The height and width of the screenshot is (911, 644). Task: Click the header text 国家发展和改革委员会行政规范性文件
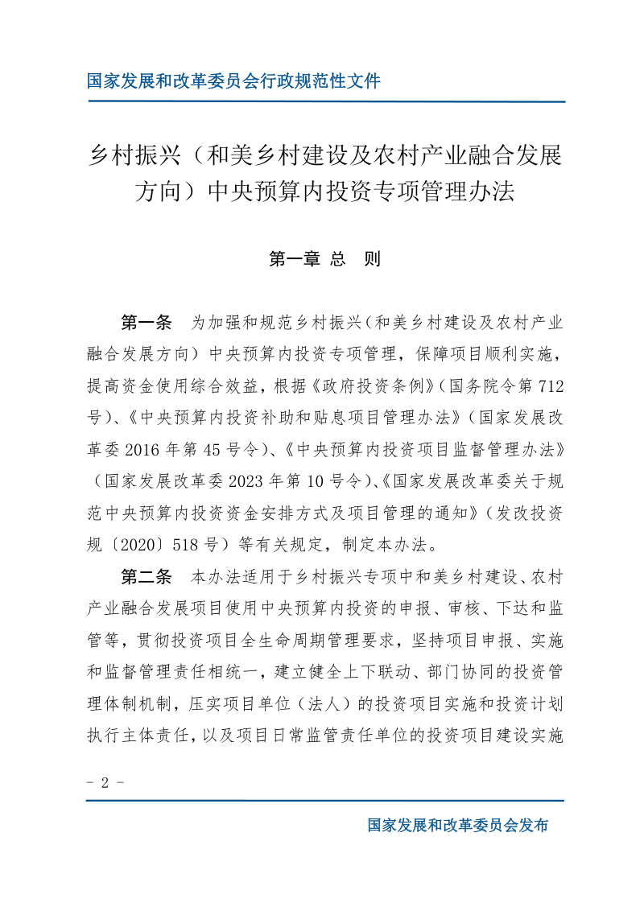coord(233,80)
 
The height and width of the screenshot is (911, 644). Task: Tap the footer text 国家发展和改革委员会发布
coord(457,825)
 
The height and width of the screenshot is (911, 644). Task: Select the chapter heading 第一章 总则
coord(324,259)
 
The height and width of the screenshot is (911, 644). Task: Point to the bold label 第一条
coord(146,324)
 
